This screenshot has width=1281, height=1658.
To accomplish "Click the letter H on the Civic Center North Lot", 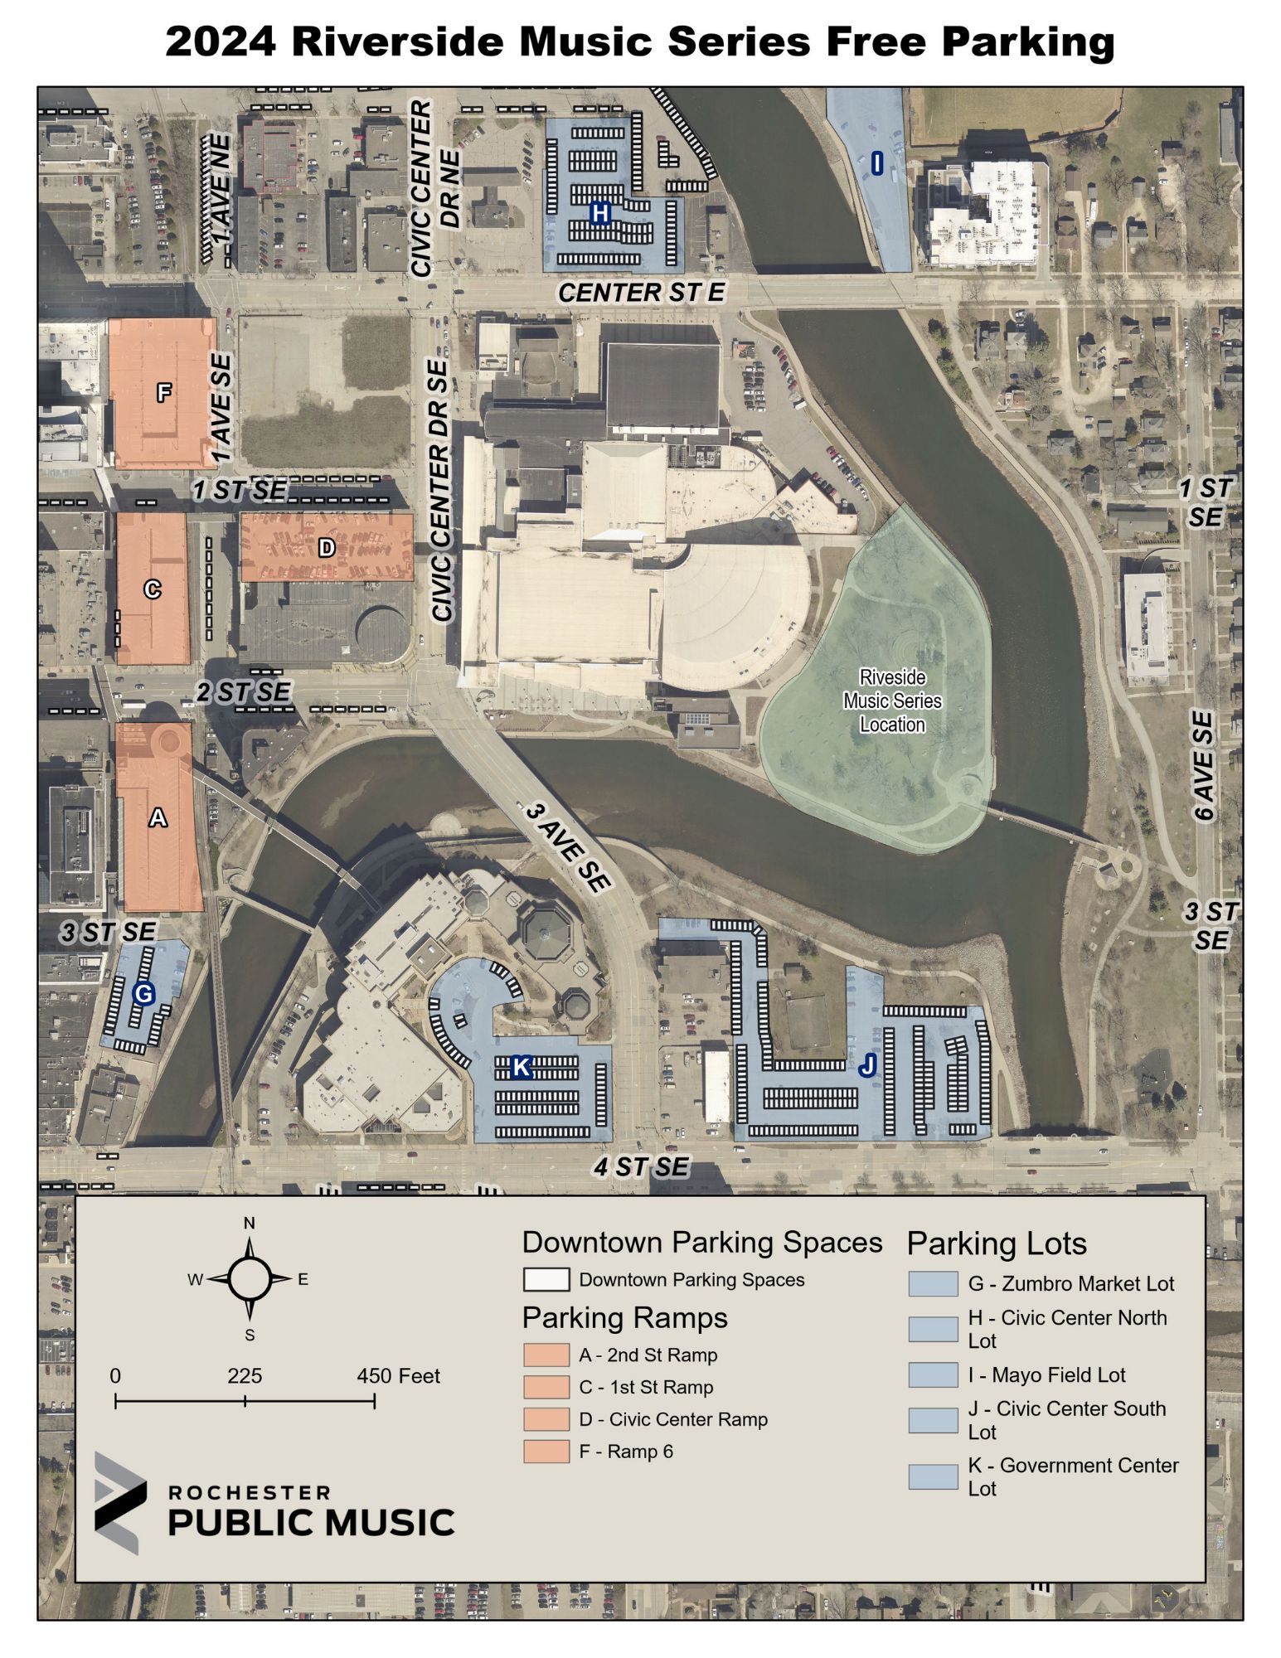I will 599,214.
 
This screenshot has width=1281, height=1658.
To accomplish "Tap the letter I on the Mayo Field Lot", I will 877,163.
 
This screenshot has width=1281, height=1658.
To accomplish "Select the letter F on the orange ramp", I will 164,392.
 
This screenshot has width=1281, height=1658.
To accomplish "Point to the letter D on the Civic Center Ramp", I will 327,547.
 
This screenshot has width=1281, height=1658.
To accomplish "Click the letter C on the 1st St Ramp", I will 153,589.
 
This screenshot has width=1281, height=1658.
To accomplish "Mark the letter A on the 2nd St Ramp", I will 158,818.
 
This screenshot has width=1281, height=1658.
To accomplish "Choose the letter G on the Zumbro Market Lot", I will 143,993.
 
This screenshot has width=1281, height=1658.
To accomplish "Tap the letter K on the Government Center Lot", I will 521,1067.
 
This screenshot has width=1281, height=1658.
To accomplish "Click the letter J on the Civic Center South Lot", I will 867,1065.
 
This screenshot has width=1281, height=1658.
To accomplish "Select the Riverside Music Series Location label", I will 892,701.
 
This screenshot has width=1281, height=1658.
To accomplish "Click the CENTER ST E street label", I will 641,293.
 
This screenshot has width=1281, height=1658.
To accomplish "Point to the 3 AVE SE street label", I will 569,846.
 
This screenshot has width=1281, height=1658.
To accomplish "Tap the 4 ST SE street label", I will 641,1167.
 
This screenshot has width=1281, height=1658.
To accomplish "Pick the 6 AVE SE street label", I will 1204,765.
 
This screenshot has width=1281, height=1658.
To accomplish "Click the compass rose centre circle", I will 250,1279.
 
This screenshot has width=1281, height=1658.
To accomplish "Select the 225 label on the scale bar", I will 245,1376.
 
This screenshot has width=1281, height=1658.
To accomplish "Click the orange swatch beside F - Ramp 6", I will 546,1452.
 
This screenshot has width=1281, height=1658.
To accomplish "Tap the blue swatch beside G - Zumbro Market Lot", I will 933,1284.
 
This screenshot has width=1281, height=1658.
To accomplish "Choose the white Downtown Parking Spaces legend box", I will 546,1280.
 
